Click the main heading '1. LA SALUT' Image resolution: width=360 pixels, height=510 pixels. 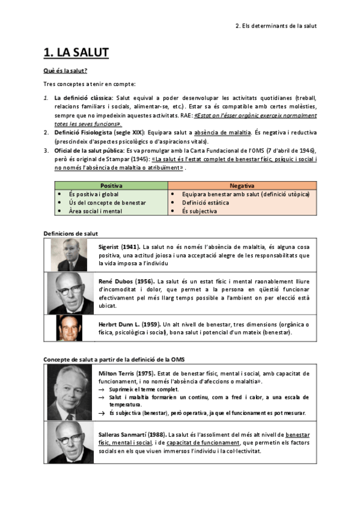pos(76,53)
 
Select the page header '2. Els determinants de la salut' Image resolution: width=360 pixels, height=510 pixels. pos(275,26)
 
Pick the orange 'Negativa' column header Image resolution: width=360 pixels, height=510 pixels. pos(242,186)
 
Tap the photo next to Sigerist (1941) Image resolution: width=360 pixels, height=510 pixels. pos(70,254)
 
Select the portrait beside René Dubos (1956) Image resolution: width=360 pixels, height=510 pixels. pos(70,293)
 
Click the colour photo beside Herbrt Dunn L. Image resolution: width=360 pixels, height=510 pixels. pos(70,328)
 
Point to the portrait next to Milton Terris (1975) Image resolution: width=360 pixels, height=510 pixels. pos(70,393)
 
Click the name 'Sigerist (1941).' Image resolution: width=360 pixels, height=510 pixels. pos(119,247)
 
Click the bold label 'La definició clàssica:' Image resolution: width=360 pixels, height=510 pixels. pos(83,98)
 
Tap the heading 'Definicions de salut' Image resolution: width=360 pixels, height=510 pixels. pos(71,233)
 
